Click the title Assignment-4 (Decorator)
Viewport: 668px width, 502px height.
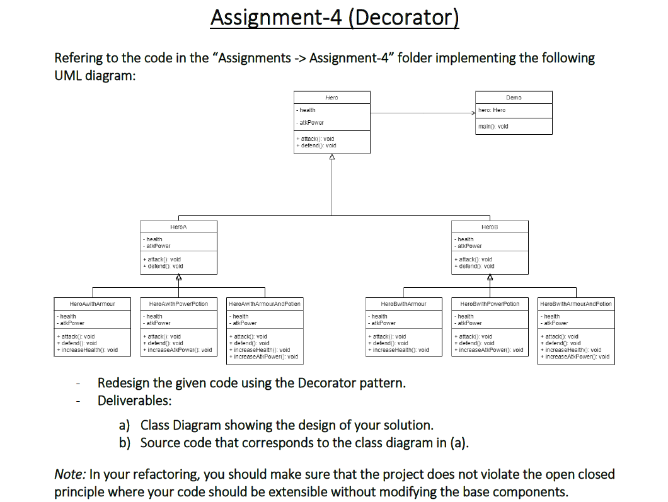click(x=334, y=17)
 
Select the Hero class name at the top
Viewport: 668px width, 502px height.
click(x=332, y=98)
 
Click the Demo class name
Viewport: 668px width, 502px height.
click(x=514, y=98)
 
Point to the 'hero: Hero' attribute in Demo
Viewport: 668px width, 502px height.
click(x=492, y=110)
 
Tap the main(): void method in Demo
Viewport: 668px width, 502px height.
click(x=493, y=126)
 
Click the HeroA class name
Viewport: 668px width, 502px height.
click(x=178, y=227)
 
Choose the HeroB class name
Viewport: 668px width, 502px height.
click(x=489, y=227)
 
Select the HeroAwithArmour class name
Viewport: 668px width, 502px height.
click(x=92, y=304)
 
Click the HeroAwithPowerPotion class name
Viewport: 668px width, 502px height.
click(x=178, y=304)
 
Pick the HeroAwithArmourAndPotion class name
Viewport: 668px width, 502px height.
click(x=265, y=304)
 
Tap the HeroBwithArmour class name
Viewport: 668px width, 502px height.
click(x=403, y=304)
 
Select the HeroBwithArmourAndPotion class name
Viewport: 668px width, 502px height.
click(x=576, y=304)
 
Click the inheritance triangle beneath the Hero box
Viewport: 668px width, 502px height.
click(x=332, y=157)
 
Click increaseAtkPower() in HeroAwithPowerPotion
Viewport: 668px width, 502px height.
click(x=179, y=350)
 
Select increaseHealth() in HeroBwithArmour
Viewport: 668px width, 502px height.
click(x=401, y=350)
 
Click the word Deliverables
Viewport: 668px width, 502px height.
click(x=134, y=401)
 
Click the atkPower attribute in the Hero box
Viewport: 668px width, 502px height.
click(x=312, y=123)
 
